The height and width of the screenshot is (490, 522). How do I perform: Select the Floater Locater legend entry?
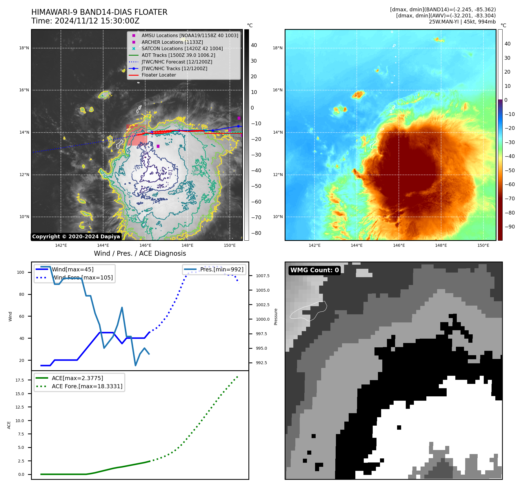159,75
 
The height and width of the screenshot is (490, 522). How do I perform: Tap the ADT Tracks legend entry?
178,55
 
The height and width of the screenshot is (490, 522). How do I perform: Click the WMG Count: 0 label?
314,270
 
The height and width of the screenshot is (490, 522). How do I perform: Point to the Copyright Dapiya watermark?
76,237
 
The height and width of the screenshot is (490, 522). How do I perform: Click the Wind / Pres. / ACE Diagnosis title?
140,253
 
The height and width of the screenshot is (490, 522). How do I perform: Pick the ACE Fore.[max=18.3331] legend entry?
87,386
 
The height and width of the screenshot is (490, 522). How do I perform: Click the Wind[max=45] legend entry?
72,269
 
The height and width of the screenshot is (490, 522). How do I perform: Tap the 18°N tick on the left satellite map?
24,48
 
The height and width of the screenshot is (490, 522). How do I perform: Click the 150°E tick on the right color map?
483,245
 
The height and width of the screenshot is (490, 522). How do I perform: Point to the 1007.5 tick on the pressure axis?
263,276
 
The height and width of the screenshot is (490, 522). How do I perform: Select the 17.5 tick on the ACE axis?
20,380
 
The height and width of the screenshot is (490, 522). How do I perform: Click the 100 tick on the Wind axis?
21,272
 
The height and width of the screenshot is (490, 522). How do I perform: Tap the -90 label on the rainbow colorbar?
510,227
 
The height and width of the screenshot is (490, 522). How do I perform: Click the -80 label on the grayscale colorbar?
256,233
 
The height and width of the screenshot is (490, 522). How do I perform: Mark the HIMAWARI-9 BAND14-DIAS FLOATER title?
99,12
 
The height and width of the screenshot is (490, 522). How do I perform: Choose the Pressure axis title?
276,317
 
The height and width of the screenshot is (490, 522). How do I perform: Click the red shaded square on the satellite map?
137,135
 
